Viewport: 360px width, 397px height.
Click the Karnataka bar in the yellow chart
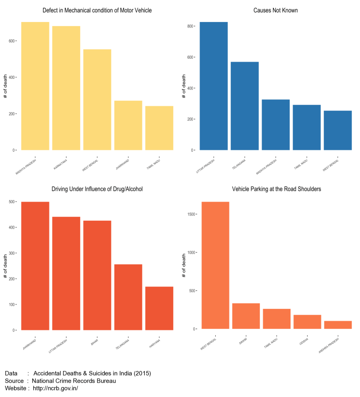[x=66, y=88]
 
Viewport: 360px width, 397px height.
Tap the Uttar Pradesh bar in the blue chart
[x=214, y=86]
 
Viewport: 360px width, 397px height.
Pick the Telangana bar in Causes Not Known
[x=245, y=106]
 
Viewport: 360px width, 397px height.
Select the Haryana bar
[x=159, y=308]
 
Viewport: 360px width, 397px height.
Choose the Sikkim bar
[x=246, y=316]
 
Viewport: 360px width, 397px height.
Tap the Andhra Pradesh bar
[x=338, y=325]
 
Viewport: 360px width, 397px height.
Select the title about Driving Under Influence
[x=97, y=189]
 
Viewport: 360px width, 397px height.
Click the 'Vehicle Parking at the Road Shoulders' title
[x=276, y=189]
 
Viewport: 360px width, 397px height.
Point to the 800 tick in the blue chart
[x=190, y=26]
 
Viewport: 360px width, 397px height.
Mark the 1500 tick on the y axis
[x=189, y=214]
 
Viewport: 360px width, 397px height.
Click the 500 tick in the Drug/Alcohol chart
[x=12, y=201]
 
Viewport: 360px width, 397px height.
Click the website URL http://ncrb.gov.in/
[x=55, y=389]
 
